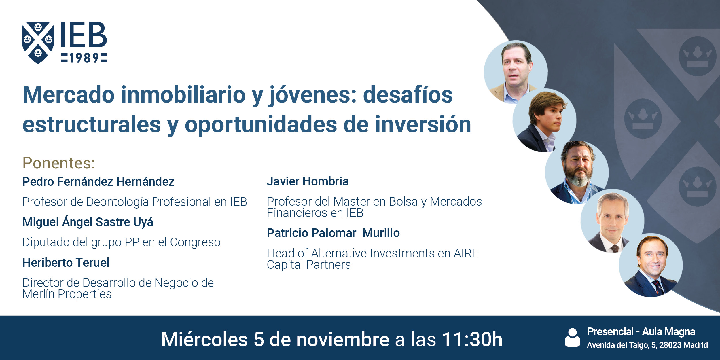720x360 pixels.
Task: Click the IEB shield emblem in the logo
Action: click(x=38, y=42)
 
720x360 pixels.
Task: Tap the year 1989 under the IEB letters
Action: click(x=84, y=58)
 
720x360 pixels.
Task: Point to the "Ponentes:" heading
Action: click(x=59, y=163)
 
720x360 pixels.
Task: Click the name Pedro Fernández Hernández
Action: click(x=98, y=182)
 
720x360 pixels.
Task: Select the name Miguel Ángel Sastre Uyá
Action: click(x=88, y=222)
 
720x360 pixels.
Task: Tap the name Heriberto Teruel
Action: click(x=66, y=263)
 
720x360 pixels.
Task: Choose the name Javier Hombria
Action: click(x=308, y=181)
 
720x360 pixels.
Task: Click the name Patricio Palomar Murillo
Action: click(x=333, y=233)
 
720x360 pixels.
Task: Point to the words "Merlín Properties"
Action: click(x=67, y=294)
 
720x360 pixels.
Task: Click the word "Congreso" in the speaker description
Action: click(x=195, y=242)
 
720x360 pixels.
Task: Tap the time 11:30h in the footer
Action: click(x=472, y=339)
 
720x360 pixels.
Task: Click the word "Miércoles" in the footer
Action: click(x=204, y=339)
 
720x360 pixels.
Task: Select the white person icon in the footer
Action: click(x=572, y=338)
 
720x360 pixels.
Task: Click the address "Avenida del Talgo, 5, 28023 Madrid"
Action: click(x=647, y=345)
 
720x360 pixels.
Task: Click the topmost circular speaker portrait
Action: click(x=515, y=72)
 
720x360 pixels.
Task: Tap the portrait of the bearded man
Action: click(x=577, y=172)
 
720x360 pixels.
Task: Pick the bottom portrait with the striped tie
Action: click(x=650, y=265)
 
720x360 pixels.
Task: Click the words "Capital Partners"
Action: click(x=309, y=265)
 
